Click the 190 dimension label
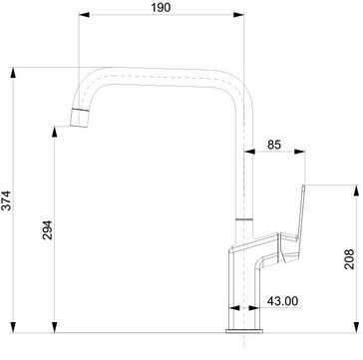(161, 7)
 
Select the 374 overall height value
(6, 200)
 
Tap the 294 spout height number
(48, 230)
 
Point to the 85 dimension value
(274, 145)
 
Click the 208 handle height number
(349, 259)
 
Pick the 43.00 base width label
(282, 301)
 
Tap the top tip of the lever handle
(304, 185)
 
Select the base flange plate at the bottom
(244, 331)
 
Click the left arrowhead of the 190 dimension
(84, 15)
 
